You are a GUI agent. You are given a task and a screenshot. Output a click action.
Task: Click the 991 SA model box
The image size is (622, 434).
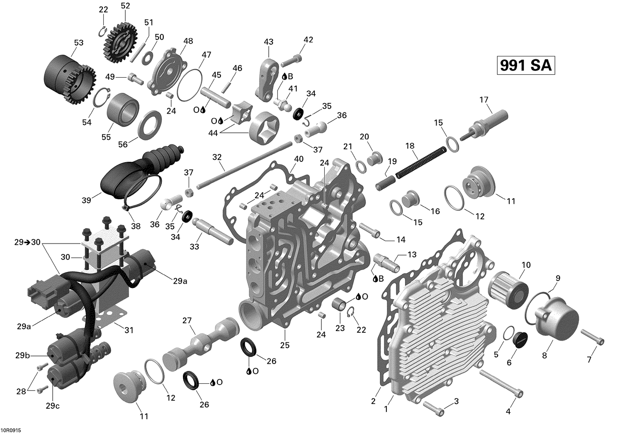pyautogui.click(x=526, y=66)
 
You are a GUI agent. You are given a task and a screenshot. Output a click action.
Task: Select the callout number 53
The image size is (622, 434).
pyautogui.click(x=78, y=43)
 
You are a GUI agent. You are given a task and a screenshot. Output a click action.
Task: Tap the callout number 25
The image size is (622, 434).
pyautogui.click(x=284, y=345)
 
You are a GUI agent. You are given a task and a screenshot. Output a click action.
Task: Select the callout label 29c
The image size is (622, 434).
pyautogui.click(x=52, y=406)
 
